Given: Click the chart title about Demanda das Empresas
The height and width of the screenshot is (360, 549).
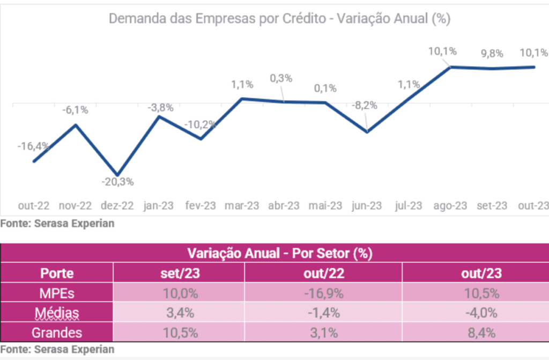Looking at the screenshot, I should click(x=279, y=19).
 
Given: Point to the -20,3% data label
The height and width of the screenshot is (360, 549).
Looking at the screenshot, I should click(x=117, y=182).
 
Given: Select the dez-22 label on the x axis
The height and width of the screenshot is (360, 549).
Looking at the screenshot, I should click(x=117, y=205).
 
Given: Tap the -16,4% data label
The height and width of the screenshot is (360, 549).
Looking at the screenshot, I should click(x=33, y=146).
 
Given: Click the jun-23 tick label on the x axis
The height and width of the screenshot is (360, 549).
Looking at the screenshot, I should click(x=366, y=205).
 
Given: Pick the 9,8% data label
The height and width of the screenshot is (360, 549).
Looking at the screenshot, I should click(x=491, y=53).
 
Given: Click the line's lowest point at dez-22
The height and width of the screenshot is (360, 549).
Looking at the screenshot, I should click(x=117, y=174).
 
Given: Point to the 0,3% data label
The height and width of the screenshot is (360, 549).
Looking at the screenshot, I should click(x=281, y=78).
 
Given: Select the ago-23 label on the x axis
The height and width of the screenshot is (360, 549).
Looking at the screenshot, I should click(x=450, y=205).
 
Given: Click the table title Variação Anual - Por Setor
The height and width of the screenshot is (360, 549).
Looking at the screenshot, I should click(x=279, y=253).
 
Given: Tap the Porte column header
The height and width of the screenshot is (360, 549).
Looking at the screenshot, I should click(x=57, y=273).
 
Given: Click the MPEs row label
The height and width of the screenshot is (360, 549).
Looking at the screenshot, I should click(x=57, y=293).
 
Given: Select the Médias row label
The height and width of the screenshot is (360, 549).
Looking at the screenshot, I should click(x=57, y=313).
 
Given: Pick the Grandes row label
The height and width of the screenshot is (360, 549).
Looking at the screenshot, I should click(x=57, y=333).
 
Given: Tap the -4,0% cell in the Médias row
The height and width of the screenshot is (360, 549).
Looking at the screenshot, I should click(x=481, y=313).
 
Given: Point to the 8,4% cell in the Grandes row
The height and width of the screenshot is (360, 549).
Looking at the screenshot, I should click(x=481, y=333).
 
